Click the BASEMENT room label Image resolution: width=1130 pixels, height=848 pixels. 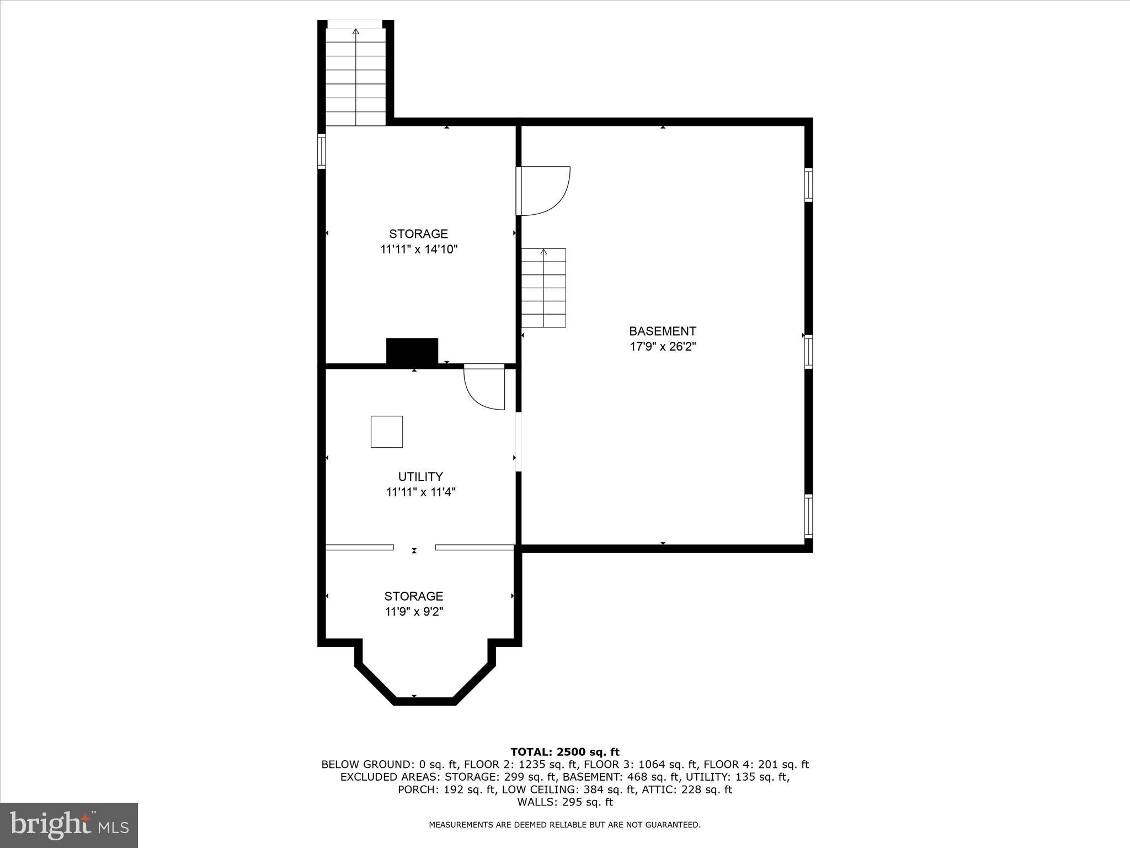click(662, 331)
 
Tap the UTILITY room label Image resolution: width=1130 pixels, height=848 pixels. click(420, 476)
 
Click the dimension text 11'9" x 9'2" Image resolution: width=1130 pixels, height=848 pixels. click(414, 612)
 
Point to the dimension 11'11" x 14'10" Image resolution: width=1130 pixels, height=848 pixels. click(419, 250)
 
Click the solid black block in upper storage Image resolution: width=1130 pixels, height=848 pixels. click(412, 351)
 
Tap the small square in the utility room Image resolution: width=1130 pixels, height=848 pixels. click(386, 432)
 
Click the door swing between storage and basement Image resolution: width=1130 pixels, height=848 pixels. click(543, 191)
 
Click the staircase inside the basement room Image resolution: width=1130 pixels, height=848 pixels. click(543, 288)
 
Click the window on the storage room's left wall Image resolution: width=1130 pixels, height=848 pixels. click(321, 151)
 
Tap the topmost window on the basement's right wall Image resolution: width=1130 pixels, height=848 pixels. click(808, 184)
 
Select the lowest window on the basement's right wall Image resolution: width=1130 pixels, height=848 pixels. click(808, 516)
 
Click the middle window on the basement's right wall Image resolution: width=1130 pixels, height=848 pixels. click(808, 352)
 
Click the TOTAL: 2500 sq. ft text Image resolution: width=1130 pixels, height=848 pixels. click(565, 752)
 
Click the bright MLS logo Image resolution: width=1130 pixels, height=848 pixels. click(69, 825)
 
